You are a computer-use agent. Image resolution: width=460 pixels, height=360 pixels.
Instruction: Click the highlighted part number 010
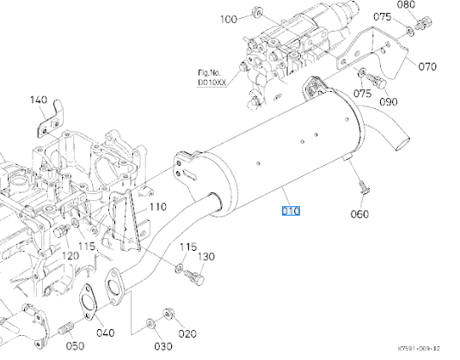(291, 211)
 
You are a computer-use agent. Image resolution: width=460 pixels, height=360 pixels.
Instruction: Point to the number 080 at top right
(429, 5)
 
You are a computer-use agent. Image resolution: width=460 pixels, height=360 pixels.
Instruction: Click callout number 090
(389, 101)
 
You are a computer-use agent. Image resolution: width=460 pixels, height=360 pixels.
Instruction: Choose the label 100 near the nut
(229, 19)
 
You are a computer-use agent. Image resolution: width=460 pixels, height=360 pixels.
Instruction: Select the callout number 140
(39, 100)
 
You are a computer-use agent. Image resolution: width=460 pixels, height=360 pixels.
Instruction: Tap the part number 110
(156, 206)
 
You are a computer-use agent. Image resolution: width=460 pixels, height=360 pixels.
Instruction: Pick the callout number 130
(207, 257)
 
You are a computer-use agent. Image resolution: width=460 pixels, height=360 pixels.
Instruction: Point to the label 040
(105, 333)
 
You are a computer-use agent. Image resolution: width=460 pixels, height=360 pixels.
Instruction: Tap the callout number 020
(187, 333)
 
